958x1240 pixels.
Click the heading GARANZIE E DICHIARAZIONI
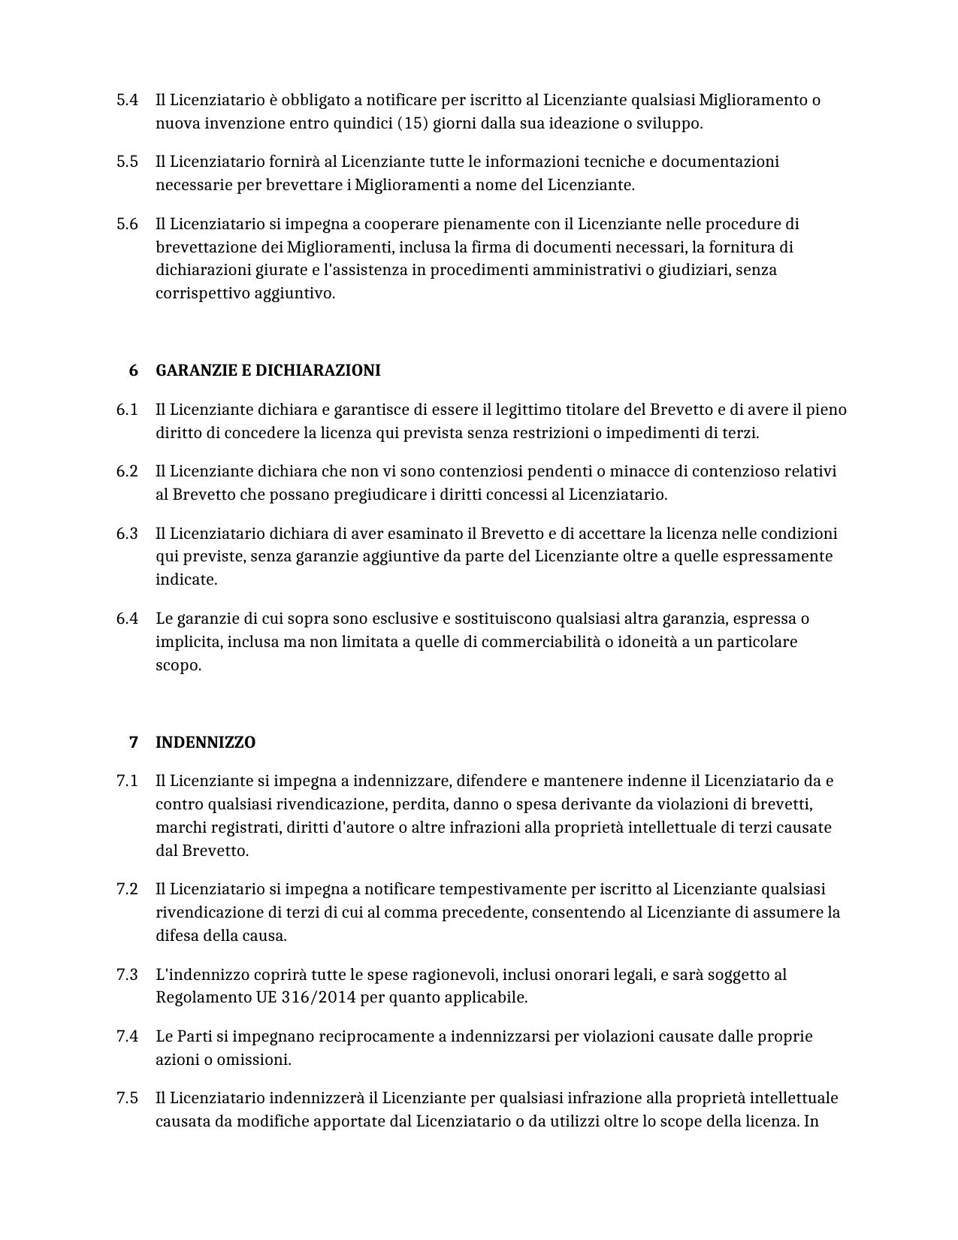pyautogui.click(x=267, y=370)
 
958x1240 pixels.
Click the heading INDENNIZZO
pyautogui.click(x=205, y=742)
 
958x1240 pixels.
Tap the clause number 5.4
pyautogui.click(x=127, y=100)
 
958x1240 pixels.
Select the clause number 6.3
pyautogui.click(x=127, y=534)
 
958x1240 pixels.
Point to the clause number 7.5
pyautogui.click(x=127, y=1098)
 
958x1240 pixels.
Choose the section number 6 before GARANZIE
pyautogui.click(x=134, y=370)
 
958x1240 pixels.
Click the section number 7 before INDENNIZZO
pyautogui.click(x=134, y=742)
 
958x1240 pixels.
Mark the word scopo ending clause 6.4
pyautogui.click(x=178, y=665)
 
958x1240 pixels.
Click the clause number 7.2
pyautogui.click(x=127, y=889)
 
